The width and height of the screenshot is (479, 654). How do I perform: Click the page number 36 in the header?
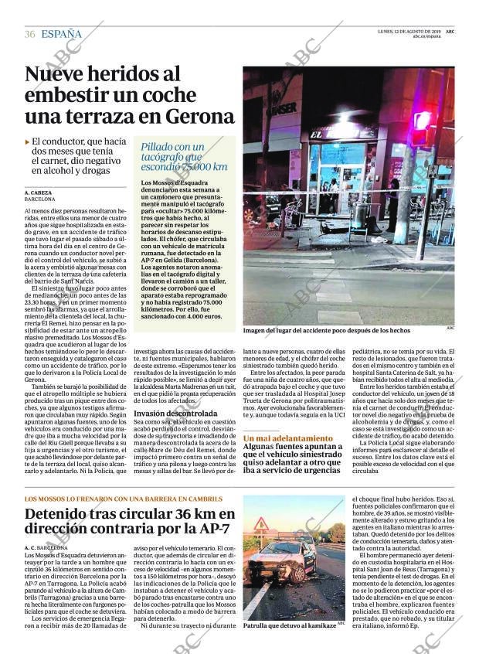coord(30,34)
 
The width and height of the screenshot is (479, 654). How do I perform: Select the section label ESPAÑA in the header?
coord(62,34)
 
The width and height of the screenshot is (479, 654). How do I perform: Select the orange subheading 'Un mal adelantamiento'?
coord(288,438)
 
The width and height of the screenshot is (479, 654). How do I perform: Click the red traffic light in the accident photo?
coord(422,121)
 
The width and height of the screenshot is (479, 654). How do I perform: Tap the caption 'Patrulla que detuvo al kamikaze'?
coord(289,625)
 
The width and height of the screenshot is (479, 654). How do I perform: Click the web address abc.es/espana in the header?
coord(426,36)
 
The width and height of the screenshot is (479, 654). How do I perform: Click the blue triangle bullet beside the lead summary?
coord(27,143)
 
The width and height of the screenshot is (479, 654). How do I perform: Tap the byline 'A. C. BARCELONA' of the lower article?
coord(46,547)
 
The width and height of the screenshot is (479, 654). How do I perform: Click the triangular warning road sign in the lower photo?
coord(262,525)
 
